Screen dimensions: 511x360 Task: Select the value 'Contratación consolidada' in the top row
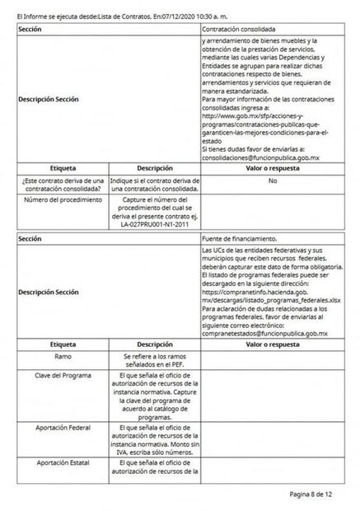pyautogui.click(x=239, y=29)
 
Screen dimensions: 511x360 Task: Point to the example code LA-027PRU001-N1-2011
pyautogui.click(x=154, y=223)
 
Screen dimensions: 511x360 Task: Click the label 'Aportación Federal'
pyautogui.click(x=63, y=428)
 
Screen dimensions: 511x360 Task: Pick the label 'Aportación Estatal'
pyautogui.click(x=63, y=464)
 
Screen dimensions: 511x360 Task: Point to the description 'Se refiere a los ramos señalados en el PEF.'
pyautogui.click(x=154, y=360)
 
